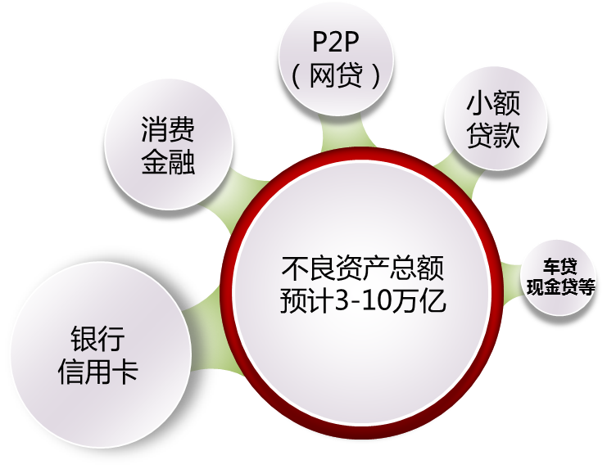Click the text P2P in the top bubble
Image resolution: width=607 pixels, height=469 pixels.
pos(336,43)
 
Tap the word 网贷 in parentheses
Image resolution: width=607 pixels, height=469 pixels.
pos(337,76)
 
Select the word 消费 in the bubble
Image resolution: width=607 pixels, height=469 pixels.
pos(168,130)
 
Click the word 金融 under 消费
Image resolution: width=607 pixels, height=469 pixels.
pos(168,161)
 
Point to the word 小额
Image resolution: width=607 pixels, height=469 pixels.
pos(493,105)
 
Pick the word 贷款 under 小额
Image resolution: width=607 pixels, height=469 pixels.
pos(493,135)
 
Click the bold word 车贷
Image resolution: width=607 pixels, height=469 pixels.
pos(560,267)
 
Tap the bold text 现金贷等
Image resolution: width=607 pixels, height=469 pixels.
pos(560,286)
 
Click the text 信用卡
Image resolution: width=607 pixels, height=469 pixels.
pos(97,373)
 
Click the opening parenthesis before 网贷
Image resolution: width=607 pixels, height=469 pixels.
pos(297,76)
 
